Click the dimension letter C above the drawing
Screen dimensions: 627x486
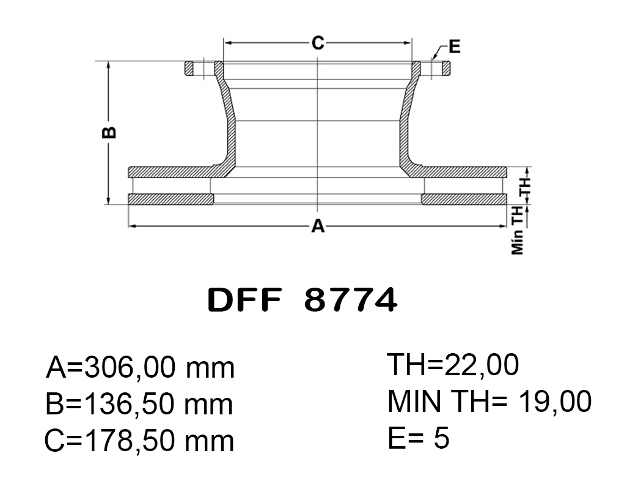coord(318,42)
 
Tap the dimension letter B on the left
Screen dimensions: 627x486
coord(109,133)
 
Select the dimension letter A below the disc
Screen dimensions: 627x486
coord(318,226)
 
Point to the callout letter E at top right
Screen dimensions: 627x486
coord(455,47)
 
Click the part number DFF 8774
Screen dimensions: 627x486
coord(302,300)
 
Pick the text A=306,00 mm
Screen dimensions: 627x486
coord(141,367)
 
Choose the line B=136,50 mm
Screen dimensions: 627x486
coord(139,404)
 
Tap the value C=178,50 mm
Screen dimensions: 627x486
coord(139,441)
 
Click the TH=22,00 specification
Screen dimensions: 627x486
coord(453,365)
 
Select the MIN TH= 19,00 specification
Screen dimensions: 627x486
coord(490,401)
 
